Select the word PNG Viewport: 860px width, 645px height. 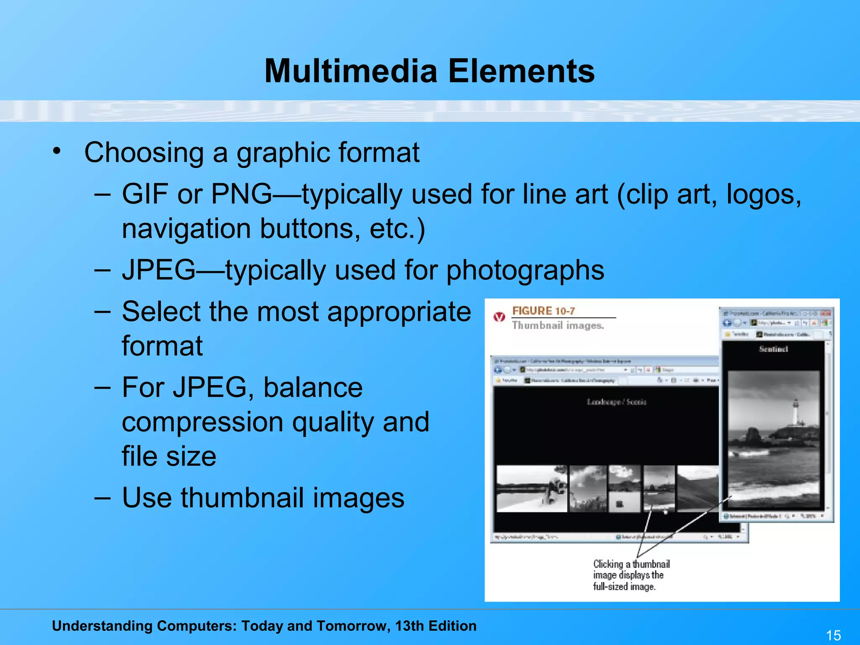[241, 194]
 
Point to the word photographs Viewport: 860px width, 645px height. [525, 270]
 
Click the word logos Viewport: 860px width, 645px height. [764, 194]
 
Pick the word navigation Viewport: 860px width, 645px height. [186, 229]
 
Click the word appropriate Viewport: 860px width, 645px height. [399, 312]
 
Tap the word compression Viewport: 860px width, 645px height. [202, 422]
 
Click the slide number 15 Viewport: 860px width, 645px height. [834, 635]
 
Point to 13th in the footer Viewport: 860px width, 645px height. [409, 626]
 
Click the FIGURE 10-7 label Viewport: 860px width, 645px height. [543, 311]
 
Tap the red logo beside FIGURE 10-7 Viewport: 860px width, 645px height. [499, 317]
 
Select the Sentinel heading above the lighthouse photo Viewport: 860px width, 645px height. [773, 349]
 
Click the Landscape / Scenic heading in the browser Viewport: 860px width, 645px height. [616, 402]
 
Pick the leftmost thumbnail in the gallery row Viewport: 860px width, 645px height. [531, 488]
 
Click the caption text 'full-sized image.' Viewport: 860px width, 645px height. [624, 587]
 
